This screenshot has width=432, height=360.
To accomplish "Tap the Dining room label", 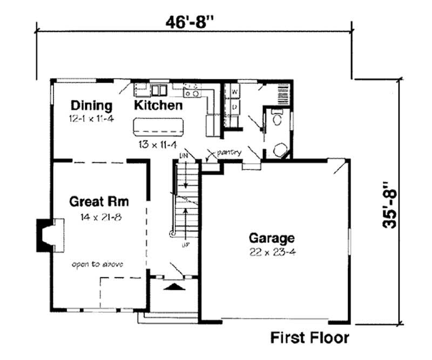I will (x=91, y=105).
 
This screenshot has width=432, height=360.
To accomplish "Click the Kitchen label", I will (x=158, y=105).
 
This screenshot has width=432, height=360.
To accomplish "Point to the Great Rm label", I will (x=99, y=203).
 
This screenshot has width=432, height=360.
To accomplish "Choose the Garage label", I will (x=272, y=238).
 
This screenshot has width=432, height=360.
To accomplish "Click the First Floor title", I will (x=309, y=338).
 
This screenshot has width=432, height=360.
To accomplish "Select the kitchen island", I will (x=159, y=127).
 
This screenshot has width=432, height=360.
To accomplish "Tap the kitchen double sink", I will (x=158, y=90).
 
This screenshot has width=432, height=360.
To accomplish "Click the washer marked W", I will (x=235, y=92).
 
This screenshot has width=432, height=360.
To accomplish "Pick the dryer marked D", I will (x=235, y=107).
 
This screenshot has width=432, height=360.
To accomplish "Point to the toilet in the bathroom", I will (x=276, y=120).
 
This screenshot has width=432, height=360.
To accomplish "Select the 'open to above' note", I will (x=98, y=264).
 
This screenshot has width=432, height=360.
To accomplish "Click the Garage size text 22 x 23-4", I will (x=272, y=252).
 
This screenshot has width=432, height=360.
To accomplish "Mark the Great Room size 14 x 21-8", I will (x=99, y=217).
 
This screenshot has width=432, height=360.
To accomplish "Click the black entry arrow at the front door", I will (x=174, y=287).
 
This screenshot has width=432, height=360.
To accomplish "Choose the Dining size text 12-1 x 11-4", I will (x=91, y=118).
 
